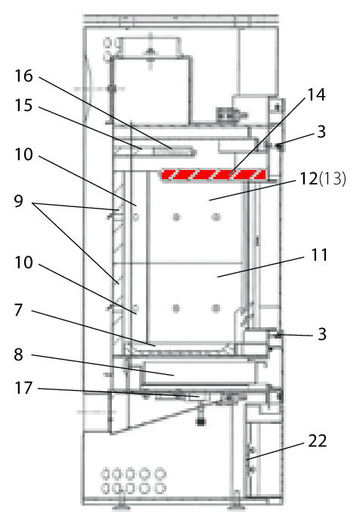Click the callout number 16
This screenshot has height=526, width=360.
(x=24, y=76)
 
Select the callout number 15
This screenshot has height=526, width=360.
(x=24, y=105)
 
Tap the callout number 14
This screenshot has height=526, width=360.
(x=316, y=95)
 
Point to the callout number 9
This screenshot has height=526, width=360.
(x=18, y=201)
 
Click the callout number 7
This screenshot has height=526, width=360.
(x=18, y=310)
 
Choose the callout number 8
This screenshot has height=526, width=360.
(x=18, y=354)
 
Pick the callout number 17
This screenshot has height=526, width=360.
(x=24, y=388)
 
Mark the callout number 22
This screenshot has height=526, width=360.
(x=318, y=441)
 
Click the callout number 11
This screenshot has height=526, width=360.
(x=319, y=255)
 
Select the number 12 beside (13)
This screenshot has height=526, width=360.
(x=309, y=178)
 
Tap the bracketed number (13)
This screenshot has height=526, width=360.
(x=332, y=178)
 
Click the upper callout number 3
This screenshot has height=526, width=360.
(x=321, y=131)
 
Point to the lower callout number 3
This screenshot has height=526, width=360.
(x=322, y=334)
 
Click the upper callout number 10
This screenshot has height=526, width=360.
(x=24, y=155)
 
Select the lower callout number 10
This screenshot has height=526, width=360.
(x=24, y=262)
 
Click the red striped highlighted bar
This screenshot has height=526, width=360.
(x=214, y=175)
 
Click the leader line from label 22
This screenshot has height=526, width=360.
(x=275, y=451)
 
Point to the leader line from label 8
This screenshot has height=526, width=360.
(x=103, y=365)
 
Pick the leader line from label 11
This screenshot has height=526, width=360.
(x=261, y=267)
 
